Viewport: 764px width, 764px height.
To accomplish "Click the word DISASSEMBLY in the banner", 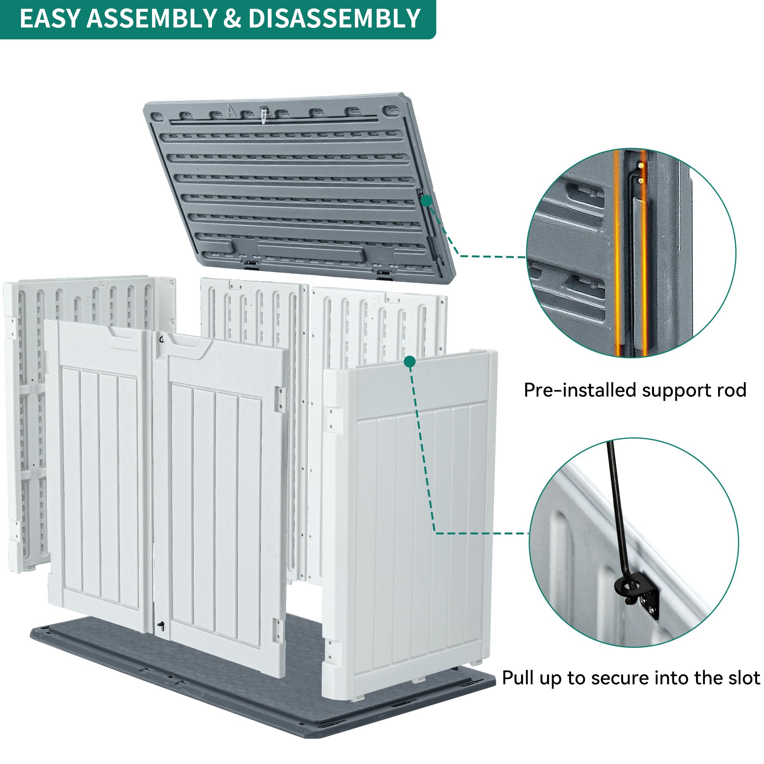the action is tap(334, 18).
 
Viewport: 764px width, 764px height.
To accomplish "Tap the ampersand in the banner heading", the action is tap(232, 18).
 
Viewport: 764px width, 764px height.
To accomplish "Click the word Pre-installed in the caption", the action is tap(580, 390).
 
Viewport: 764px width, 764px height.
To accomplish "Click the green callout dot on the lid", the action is tap(426, 201).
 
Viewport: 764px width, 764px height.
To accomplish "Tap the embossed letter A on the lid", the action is tap(231, 111).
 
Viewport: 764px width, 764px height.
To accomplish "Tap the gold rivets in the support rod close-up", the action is tap(641, 172).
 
